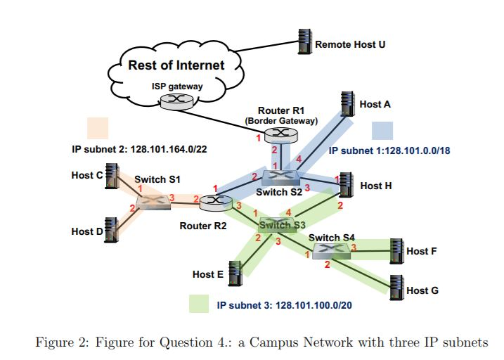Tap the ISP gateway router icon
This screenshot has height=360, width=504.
pyautogui.click(x=174, y=102)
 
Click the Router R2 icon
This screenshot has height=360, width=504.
pyautogui.click(x=216, y=202)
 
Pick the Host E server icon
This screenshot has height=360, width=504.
pyautogui.click(x=233, y=273)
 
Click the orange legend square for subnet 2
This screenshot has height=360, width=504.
pyautogui.click(x=97, y=127)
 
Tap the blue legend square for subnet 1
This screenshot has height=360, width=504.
pyautogui.click(x=382, y=131)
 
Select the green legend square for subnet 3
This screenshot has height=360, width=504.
pyautogui.click(x=200, y=304)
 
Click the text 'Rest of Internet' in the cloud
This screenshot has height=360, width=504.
pyautogui.click(x=176, y=65)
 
